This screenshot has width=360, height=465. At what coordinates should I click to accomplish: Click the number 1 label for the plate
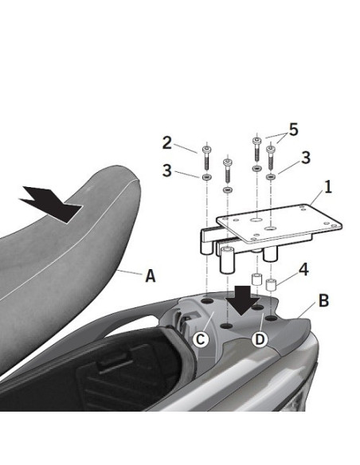pyautogui.click(x=327, y=192)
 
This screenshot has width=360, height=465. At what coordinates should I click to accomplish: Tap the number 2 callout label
pyautogui.click(x=166, y=143)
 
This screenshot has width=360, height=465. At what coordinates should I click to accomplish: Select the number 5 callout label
pyautogui.click(x=293, y=129)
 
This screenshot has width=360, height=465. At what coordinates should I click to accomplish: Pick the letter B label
pyautogui.click(x=323, y=301)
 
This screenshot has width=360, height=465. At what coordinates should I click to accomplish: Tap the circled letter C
pyautogui.click(x=202, y=340)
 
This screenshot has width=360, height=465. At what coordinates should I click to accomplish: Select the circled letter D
pyautogui.click(x=258, y=340)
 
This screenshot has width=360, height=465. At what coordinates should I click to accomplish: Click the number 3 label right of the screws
pyautogui.click(x=305, y=159)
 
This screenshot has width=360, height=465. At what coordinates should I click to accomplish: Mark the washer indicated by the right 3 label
pyautogui.click(x=272, y=170)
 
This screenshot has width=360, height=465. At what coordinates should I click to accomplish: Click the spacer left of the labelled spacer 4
pyautogui.click(x=256, y=280)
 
